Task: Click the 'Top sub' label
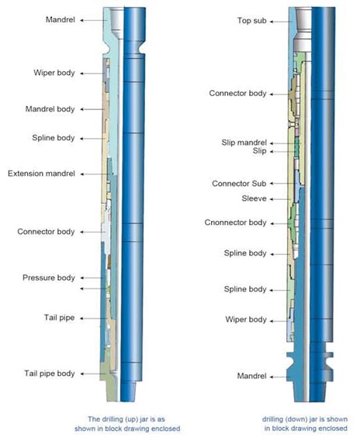point(251,20)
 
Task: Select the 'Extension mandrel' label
point(41,174)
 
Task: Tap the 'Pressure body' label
point(49,278)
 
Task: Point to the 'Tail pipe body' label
point(50,374)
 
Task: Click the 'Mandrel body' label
point(50,109)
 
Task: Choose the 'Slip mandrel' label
point(244,143)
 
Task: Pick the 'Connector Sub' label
point(239,184)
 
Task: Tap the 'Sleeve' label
point(254,198)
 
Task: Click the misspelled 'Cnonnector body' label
point(235,222)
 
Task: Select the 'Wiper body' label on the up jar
point(54,73)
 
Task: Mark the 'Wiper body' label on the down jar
point(246,319)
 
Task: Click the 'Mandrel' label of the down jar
point(251,376)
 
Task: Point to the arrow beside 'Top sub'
point(281,22)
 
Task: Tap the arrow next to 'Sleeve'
point(281,199)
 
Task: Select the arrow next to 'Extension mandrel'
point(95,174)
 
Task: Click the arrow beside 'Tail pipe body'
point(93,374)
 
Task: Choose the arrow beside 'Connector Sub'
point(282,184)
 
